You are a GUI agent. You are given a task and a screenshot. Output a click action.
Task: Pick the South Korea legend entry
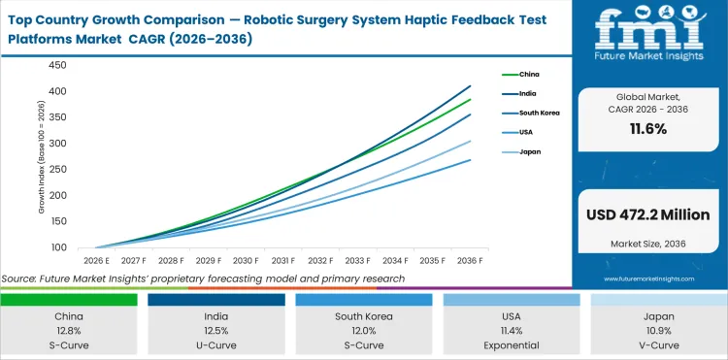tap(535, 113)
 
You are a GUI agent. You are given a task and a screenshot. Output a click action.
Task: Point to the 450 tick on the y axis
tap(56, 65)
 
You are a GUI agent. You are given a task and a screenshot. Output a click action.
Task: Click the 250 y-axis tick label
tap(56, 169)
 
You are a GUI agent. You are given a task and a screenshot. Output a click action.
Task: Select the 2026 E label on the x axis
tap(95, 260)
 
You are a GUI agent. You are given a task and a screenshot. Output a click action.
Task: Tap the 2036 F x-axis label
tap(471, 260)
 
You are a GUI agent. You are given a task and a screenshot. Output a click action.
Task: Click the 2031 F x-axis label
tap(282, 260)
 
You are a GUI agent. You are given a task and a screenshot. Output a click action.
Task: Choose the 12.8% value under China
tap(69, 331)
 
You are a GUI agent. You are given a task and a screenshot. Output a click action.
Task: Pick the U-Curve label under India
tap(216, 345)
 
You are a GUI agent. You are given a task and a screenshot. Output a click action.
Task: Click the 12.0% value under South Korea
tap(363, 331)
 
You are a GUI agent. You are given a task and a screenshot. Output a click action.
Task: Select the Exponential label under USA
tap(512, 345)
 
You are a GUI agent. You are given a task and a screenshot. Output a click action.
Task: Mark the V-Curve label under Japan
tap(658, 345)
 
